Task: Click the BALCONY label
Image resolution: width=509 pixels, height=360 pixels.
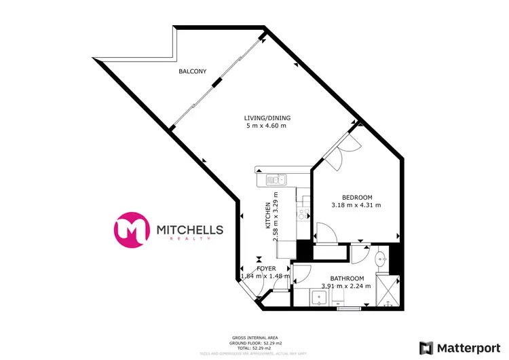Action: click(x=193, y=71)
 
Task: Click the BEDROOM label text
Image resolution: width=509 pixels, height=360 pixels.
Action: click(x=356, y=197)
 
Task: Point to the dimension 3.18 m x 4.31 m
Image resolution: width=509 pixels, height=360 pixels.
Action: click(x=356, y=205)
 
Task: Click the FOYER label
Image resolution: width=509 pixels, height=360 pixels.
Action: click(x=266, y=268)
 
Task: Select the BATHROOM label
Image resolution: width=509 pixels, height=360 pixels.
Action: click(x=347, y=278)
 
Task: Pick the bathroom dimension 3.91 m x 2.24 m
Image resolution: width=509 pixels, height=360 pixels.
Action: click(x=347, y=287)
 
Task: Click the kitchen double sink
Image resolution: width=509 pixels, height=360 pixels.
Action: click(x=276, y=180)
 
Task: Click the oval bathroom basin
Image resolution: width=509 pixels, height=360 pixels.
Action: click(x=382, y=258)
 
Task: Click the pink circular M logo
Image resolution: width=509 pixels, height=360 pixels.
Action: click(x=132, y=228)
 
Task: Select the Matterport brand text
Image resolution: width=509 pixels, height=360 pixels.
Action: click(x=468, y=346)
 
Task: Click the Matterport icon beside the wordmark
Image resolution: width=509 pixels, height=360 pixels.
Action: click(x=427, y=346)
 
